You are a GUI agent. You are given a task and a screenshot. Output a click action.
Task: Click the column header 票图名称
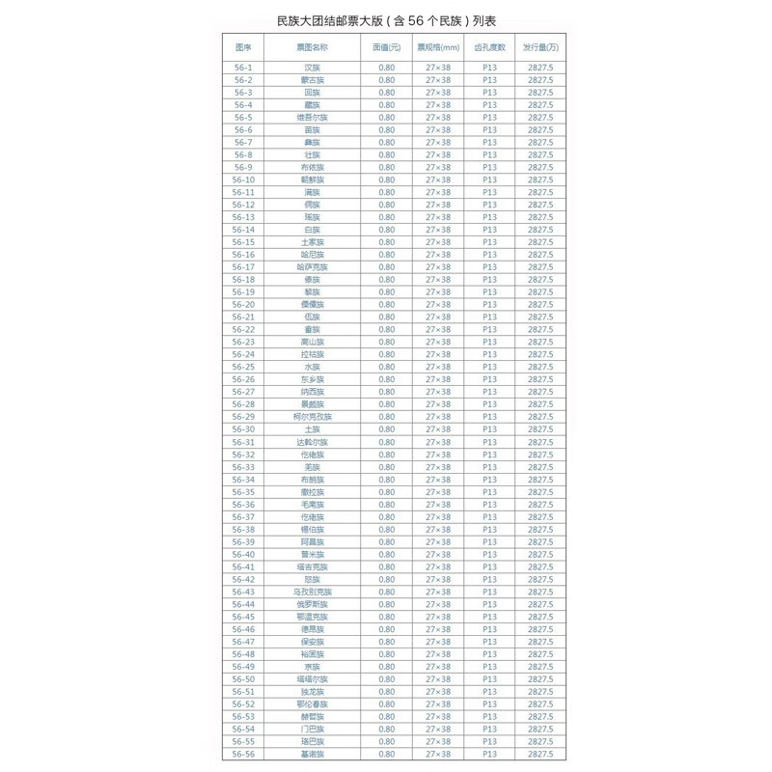(x=312, y=46)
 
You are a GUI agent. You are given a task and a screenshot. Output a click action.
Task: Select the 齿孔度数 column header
(x=489, y=46)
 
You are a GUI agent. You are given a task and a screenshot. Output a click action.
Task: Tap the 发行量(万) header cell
(x=540, y=46)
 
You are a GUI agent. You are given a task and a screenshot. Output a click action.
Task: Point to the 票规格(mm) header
(x=438, y=46)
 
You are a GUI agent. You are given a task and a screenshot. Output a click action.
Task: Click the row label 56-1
(x=243, y=68)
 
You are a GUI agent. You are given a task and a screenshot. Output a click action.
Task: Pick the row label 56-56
(x=243, y=755)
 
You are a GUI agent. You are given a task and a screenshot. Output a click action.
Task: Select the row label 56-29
(x=243, y=417)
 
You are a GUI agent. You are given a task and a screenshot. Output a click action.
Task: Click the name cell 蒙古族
(x=312, y=80)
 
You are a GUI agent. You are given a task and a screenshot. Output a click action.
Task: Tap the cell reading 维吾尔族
(x=312, y=118)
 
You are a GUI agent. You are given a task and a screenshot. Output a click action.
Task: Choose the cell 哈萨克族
(x=312, y=267)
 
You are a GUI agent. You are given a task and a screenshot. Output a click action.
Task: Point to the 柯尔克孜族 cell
(x=312, y=417)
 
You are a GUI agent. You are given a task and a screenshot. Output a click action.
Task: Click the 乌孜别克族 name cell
(x=312, y=592)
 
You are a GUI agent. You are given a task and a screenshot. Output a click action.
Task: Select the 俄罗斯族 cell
(x=312, y=604)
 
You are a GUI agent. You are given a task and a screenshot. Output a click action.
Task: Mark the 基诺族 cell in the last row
(x=312, y=755)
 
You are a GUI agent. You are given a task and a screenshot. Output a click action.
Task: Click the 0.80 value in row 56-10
(x=387, y=179)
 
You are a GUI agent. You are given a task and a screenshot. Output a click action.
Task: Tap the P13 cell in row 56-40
(x=489, y=555)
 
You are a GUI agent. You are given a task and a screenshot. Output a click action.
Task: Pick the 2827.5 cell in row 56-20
(x=540, y=305)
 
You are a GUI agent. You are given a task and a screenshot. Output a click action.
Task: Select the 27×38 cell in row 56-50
(x=438, y=679)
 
